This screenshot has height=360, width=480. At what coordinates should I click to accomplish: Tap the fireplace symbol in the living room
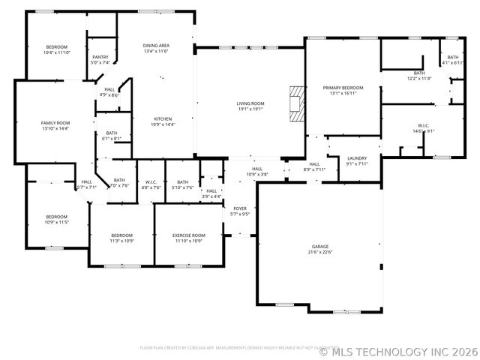point(298,103)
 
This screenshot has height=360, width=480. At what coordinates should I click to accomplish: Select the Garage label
point(320,247)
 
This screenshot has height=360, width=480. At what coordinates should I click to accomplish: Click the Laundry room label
point(356,158)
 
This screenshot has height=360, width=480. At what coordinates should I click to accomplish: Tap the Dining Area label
point(156,46)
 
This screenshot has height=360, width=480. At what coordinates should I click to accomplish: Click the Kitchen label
point(163,119)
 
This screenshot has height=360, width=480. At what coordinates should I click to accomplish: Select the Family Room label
point(55,123)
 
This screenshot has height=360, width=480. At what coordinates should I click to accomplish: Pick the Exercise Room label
point(187,235)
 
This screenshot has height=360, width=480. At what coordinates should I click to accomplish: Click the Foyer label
point(239,208)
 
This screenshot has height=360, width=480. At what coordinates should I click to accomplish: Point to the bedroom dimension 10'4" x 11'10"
point(56,52)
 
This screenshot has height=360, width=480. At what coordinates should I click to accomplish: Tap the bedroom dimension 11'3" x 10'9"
point(121,241)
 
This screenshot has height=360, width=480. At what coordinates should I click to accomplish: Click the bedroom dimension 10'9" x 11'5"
point(57,222)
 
